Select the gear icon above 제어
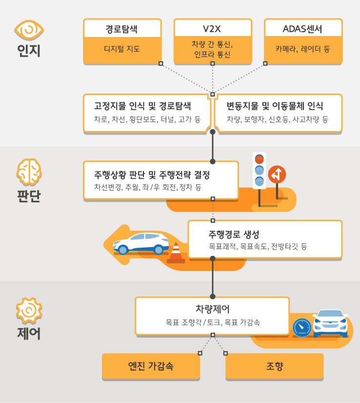(29, 310)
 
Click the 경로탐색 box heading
(121, 29)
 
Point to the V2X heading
(213, 29)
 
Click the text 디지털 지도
(121, 49)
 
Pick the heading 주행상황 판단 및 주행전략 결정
(155, 174)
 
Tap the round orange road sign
(277, 174)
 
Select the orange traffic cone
(176, 252)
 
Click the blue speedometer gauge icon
(302, 326)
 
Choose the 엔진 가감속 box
(151, 366)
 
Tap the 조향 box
(274, 366)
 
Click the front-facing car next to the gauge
(330, 323)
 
